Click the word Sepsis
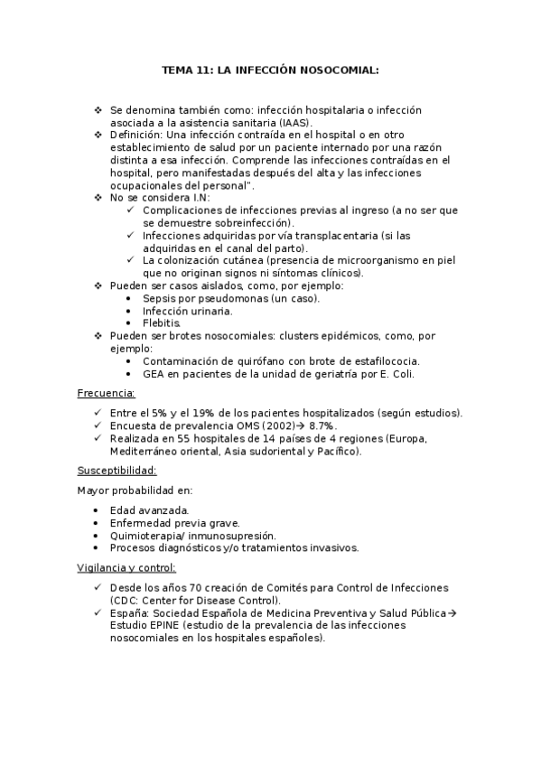coord(160,298)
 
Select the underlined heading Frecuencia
coord(107,393)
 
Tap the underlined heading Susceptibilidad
coord(117,470)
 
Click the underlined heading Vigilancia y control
coord(127,567)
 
